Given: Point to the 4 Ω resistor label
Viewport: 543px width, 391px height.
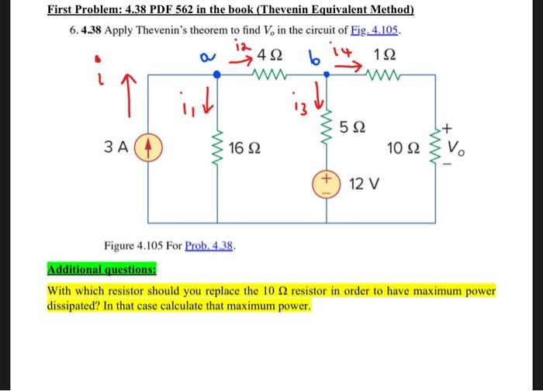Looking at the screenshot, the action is pyautogui.click(x=270, y=56).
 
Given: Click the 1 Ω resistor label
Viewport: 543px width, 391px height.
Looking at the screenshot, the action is pyautogui.click(x=384, y=56).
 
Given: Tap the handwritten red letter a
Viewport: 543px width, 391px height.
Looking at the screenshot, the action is pyautogui.click(x=206, y=57).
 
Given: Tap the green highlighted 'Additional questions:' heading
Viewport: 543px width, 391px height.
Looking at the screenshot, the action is pyautogui.click(x=102, y=272).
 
